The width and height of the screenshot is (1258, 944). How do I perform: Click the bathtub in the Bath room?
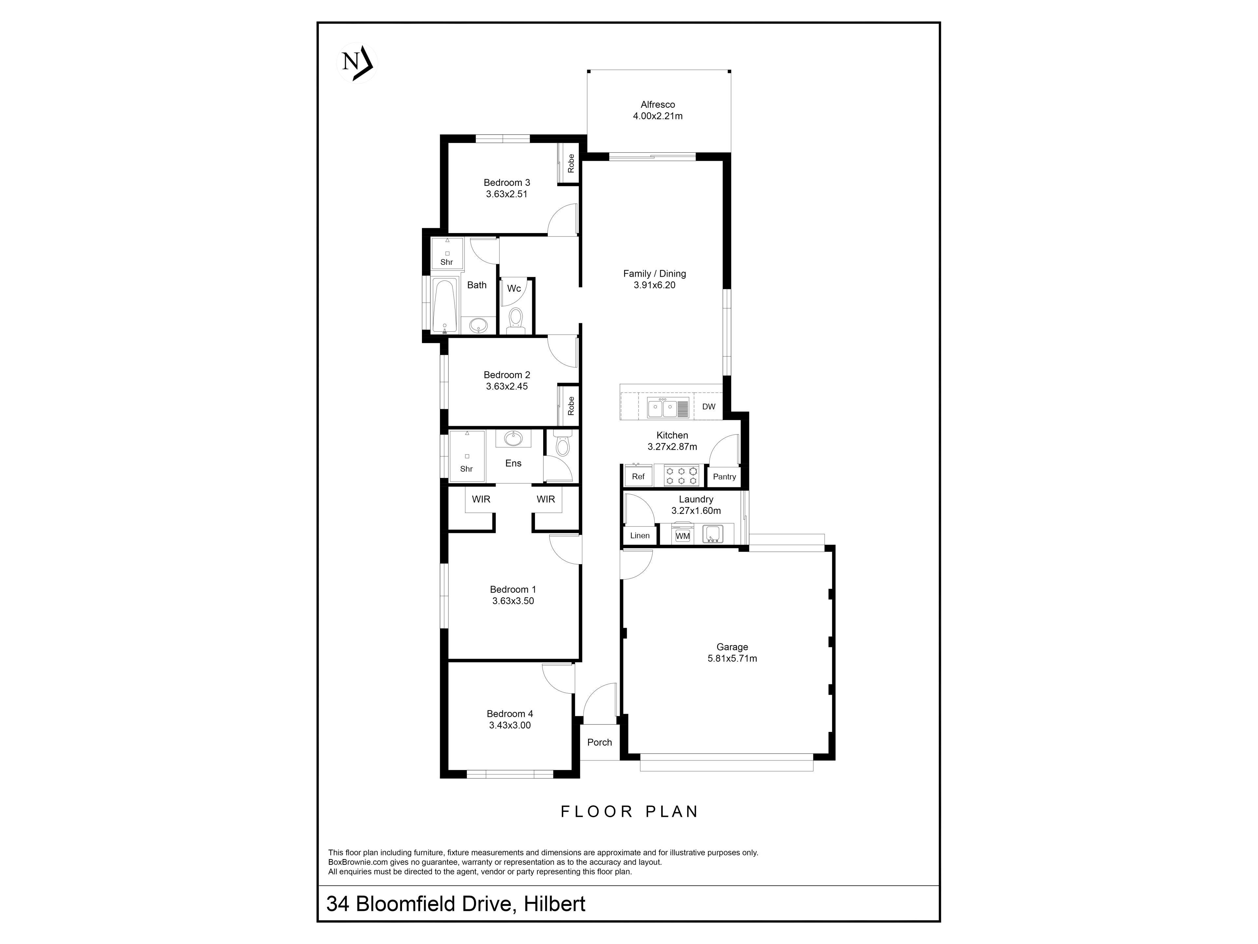445,305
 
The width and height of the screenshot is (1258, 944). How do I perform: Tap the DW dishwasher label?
709,406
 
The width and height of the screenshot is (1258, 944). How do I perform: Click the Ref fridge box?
638,476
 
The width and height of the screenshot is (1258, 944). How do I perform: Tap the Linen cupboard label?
640,536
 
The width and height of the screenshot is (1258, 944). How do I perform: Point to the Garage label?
732,647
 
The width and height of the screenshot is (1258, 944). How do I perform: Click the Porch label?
600,742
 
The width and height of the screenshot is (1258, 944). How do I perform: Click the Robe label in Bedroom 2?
571,406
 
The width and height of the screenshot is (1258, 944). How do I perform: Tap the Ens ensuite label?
513,463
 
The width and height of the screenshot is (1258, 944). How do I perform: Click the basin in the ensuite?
514,439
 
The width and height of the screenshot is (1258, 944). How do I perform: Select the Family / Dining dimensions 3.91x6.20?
655,285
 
